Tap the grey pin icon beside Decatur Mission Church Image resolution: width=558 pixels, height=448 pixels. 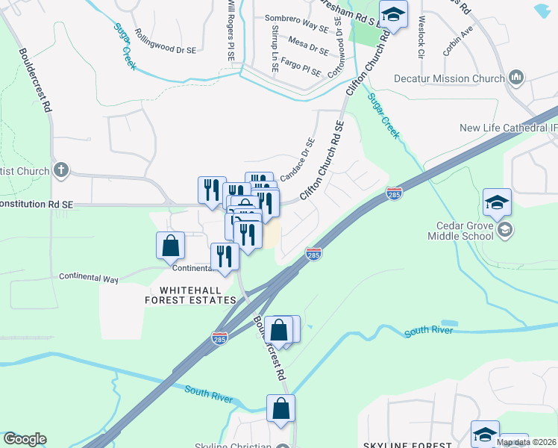(x=516, y=78)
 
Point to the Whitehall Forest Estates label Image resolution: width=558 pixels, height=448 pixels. (x=190, y=293)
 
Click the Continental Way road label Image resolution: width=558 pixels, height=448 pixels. (x=89, y=278)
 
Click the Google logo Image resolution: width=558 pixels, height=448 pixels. (x=25, y=439)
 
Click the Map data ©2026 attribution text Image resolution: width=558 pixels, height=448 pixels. (x=527, y=442)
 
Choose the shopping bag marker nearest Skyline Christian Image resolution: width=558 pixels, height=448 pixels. (x=280, y=408)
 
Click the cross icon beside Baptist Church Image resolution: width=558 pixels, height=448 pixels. (x=61, y=171)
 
